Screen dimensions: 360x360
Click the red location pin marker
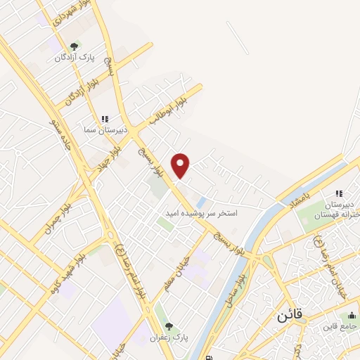click(181, 166)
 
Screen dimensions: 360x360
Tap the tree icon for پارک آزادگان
click(74, 46)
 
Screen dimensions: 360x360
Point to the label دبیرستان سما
click(104, 129)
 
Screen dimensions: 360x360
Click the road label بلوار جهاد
click(111, 147)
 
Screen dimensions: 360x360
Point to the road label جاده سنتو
click(58, 128)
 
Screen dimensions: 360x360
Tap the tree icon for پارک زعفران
click(169, 327)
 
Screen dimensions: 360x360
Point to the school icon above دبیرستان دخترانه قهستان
click(338, 193)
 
